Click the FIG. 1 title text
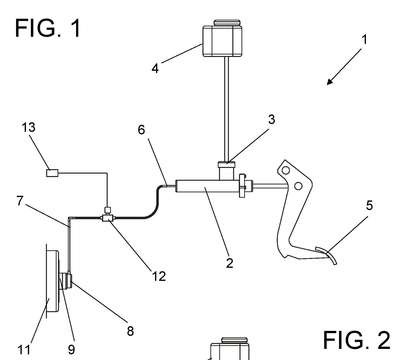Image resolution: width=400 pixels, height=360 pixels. coord(48,28)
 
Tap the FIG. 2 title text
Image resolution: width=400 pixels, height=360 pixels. coord(356,340)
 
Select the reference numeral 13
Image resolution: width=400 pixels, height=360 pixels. coord(29,127)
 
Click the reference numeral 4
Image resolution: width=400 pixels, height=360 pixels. coord(155,69)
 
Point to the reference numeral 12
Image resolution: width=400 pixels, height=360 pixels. coord(159,276)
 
